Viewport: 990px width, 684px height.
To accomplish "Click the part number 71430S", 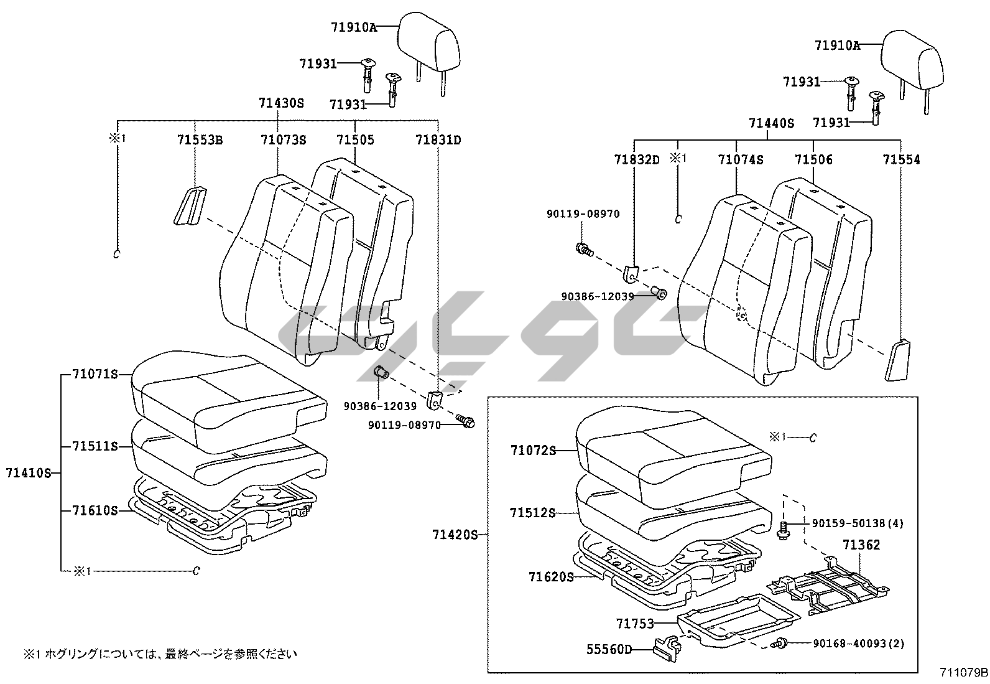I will [x=282, y=103].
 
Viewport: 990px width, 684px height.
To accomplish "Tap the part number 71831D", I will [x=438, y=140].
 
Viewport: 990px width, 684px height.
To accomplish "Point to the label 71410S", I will [x=29, y=472].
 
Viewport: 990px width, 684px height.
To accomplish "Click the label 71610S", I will [x=95, y=510].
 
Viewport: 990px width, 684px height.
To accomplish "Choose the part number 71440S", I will [x=772, y=123].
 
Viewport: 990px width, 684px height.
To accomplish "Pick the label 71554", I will [x=901, y=160].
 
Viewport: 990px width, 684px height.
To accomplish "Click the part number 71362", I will [x=861, y=545].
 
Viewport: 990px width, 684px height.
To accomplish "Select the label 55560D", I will [x=609, y=650].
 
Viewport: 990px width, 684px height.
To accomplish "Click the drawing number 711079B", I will [x=964, y=673].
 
